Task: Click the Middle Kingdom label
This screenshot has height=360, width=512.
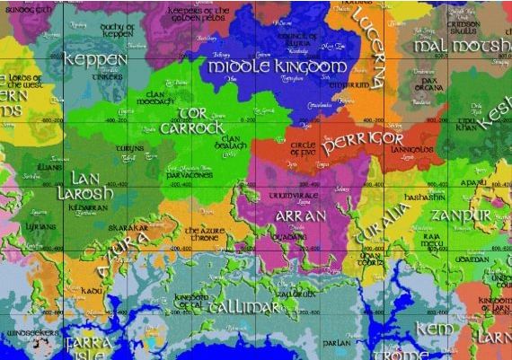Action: (x=276, y=66)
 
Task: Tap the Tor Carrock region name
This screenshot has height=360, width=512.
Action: (x=190, y=120)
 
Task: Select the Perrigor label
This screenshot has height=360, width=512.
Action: (x=363, y=141)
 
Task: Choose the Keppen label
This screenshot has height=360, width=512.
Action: (x=96, y=59)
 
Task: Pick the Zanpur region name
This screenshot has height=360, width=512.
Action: (x=460, y=216)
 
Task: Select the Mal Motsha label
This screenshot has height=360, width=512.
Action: (x=462, y=46)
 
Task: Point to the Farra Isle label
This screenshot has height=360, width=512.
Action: (x=88, y=347)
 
